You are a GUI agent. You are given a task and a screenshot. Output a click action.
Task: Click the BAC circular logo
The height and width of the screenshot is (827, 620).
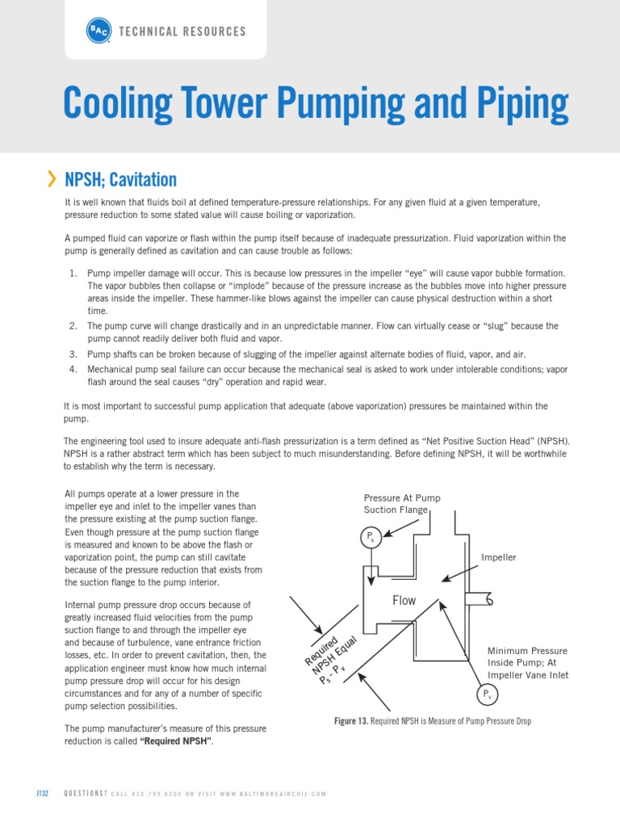pyautogui.click(x=98, y=31)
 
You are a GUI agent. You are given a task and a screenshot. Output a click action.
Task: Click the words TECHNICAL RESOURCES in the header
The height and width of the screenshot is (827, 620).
pyautogui.click(x=182, y=31)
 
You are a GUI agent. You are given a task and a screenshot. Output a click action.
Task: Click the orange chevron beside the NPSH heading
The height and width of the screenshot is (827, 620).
pyautogui.click(x=52, y=178)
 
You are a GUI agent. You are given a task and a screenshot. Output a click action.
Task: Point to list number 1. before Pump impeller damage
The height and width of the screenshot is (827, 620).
pyautogui.click(x=73, y=274)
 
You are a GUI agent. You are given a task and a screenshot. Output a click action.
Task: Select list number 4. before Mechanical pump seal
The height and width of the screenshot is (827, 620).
pyautogui.click(x=73, y=369)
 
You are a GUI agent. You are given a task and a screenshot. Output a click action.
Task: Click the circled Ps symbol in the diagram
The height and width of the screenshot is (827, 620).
pyautogui.click(x=371, y=536)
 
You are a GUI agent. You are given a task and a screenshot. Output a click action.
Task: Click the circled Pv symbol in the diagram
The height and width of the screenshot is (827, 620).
pyautogui.click(x=486, y=695)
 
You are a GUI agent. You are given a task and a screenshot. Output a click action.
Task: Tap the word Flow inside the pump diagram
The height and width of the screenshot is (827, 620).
pyautogui.click(x=404, y=600)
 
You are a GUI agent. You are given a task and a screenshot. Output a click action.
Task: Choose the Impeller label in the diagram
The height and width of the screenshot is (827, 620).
pyautogui.click(x=498, y=557)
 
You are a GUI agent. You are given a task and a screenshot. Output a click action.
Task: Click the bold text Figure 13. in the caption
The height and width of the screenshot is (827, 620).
pyautogui.click(x=350, y=720)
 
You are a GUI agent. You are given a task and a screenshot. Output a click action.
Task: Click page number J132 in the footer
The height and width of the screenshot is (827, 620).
pyautogui.click(x=42, y=794)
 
